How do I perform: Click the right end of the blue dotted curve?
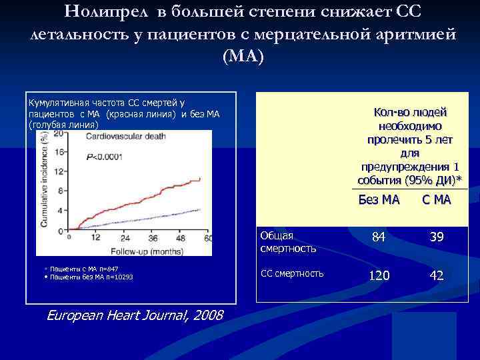[200, 209]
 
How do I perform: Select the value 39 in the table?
[437, 238]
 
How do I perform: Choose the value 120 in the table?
[379, 275]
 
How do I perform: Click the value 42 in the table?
[437, 275]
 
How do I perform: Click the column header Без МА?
[379, 199]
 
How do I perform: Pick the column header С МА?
[436, 199]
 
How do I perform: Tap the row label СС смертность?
[292, 273]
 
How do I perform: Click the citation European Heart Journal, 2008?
[135, 315]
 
